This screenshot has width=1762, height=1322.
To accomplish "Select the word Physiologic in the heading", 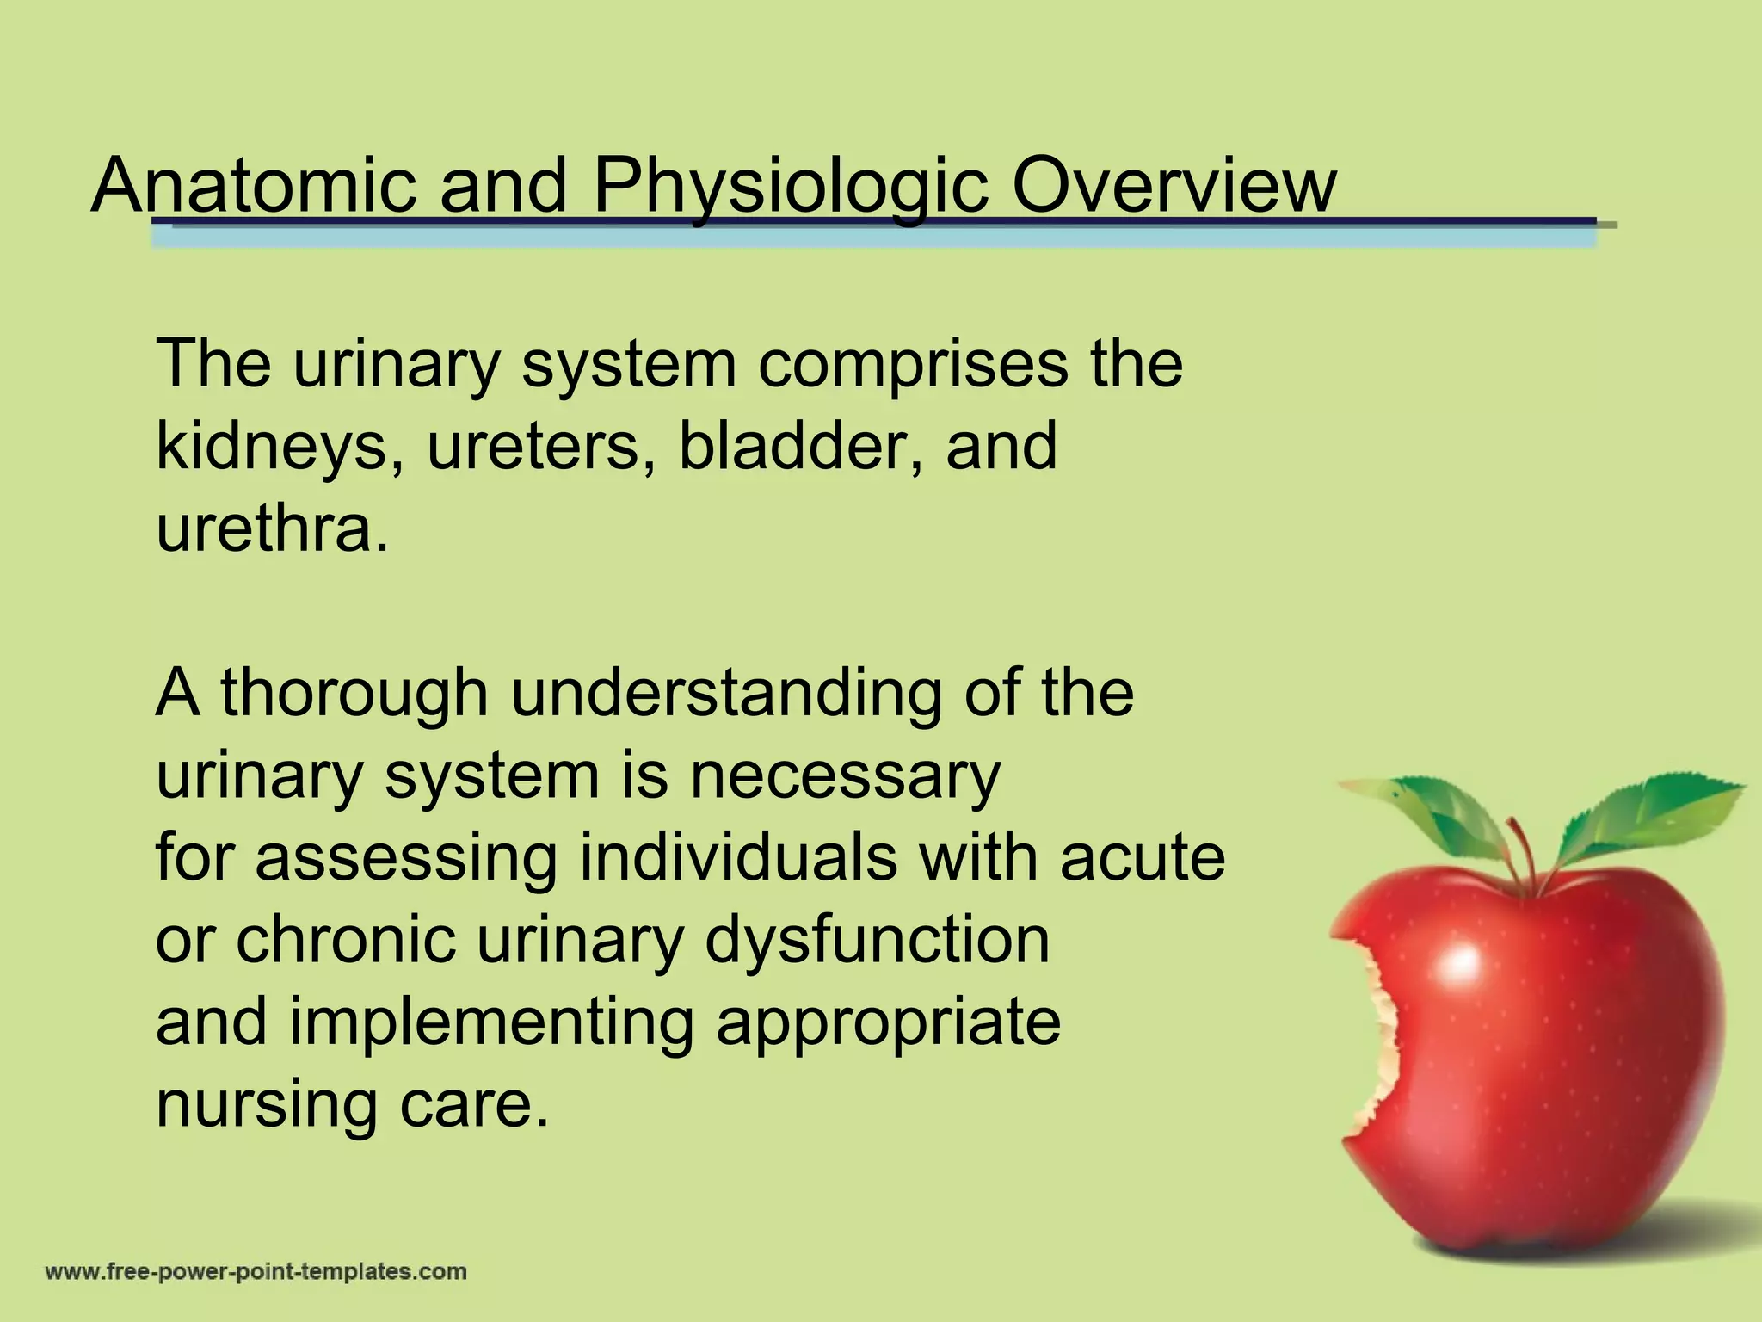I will coord(790,188).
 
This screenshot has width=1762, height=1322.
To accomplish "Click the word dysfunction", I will coord(877,940).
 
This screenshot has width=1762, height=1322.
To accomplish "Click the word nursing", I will coord(266,1105).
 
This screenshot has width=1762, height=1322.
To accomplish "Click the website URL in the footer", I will coord(256,1272).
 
